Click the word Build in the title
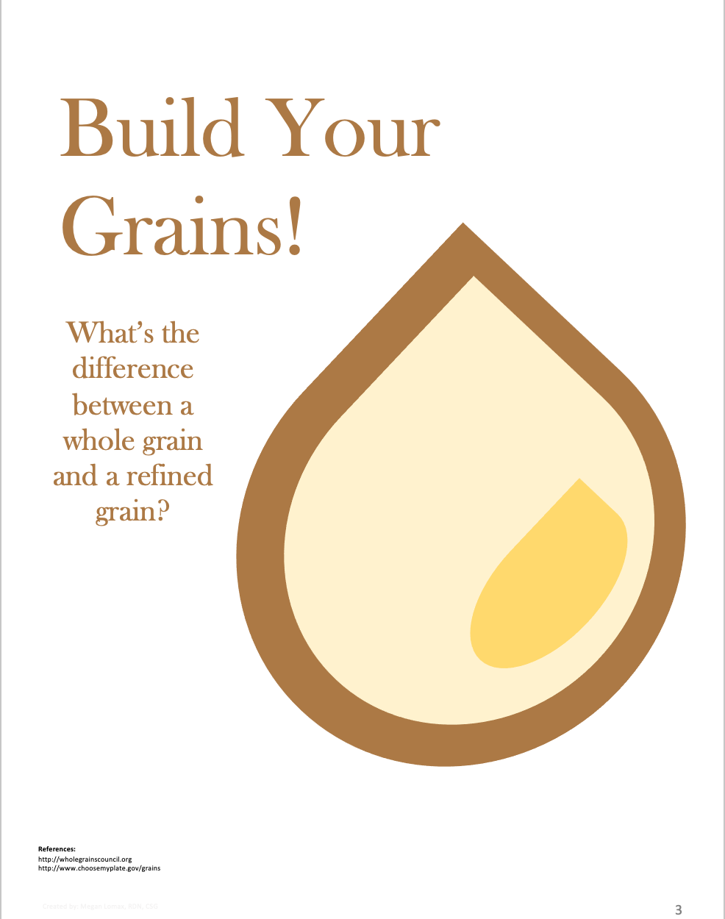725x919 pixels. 151,129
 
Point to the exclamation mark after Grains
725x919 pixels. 295,226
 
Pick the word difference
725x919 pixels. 133,368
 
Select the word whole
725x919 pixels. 99,440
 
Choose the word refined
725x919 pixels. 169,476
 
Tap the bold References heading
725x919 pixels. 57,848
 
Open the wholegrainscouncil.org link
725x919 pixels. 85,859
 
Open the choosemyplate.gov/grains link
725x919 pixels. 99,868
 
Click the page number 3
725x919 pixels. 678,910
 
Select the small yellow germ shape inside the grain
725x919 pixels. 548,581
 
